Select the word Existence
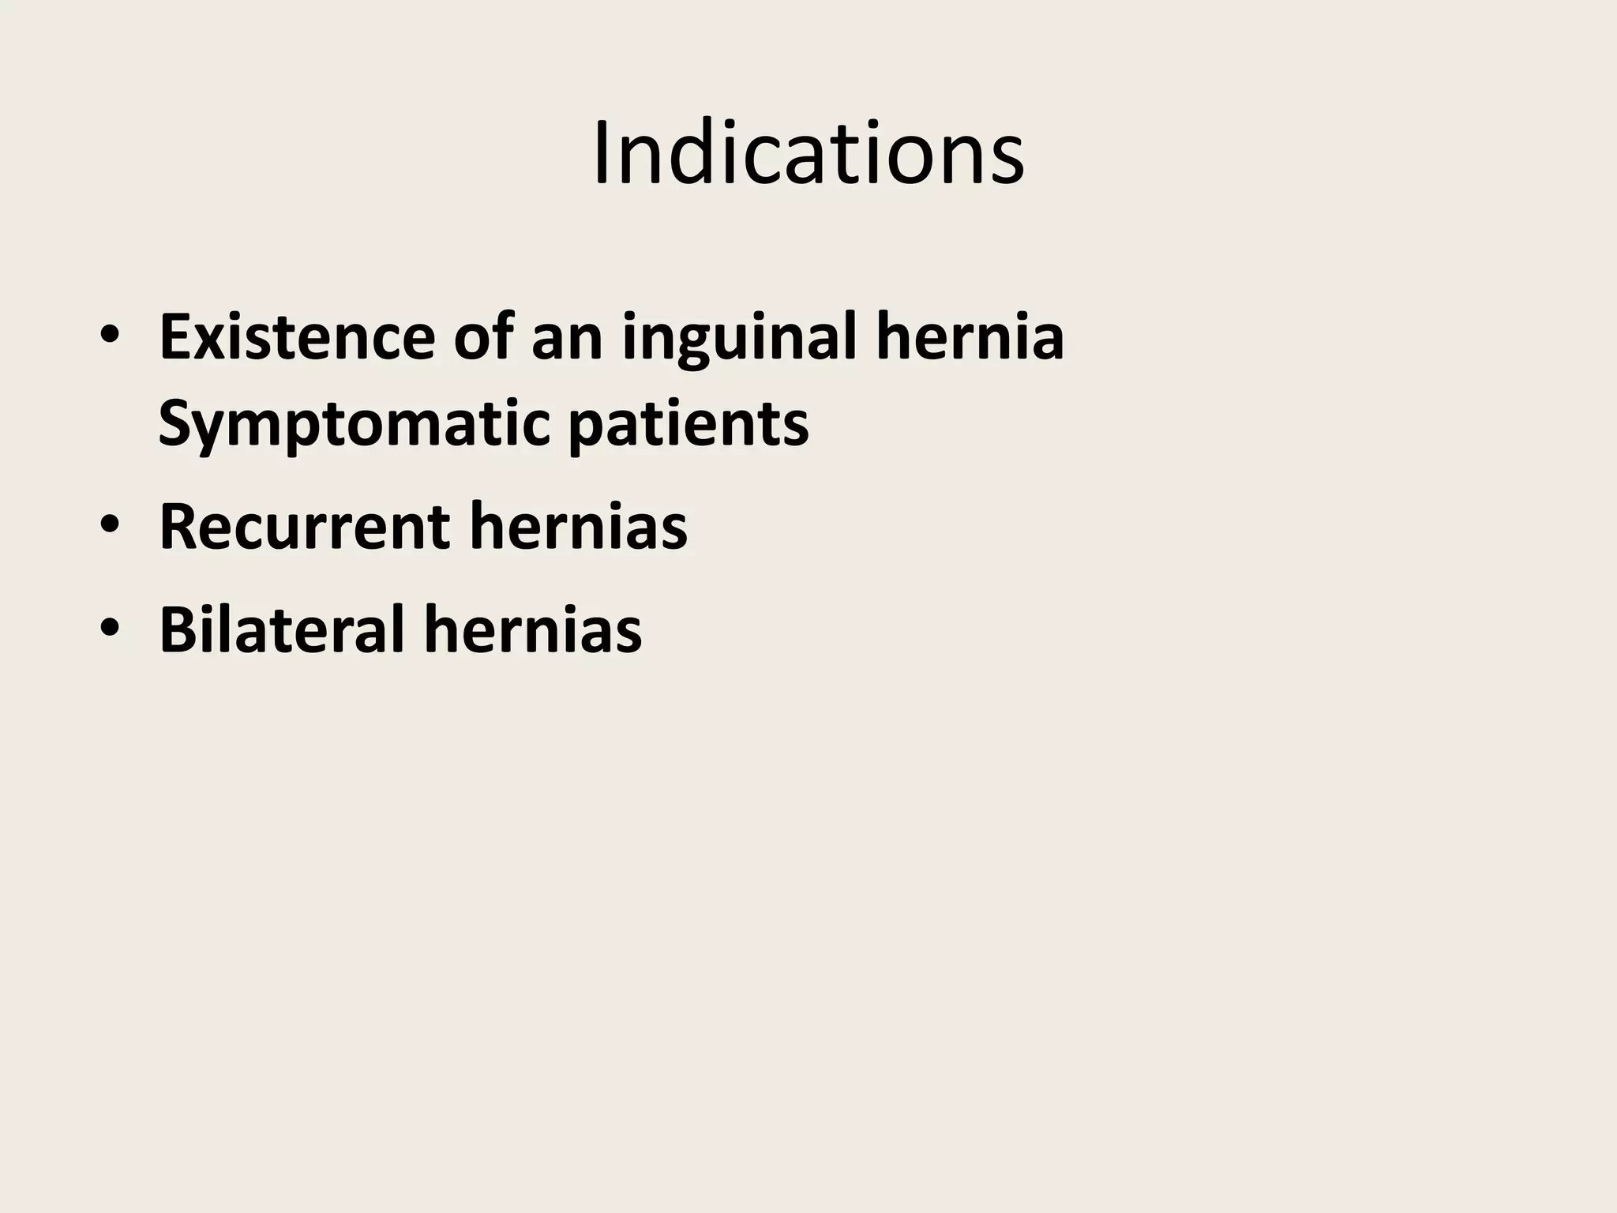[x=297, y=338]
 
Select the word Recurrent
[x=305, y=528]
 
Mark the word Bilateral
[x=282, y=629]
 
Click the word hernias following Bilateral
[x=533, y=629]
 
